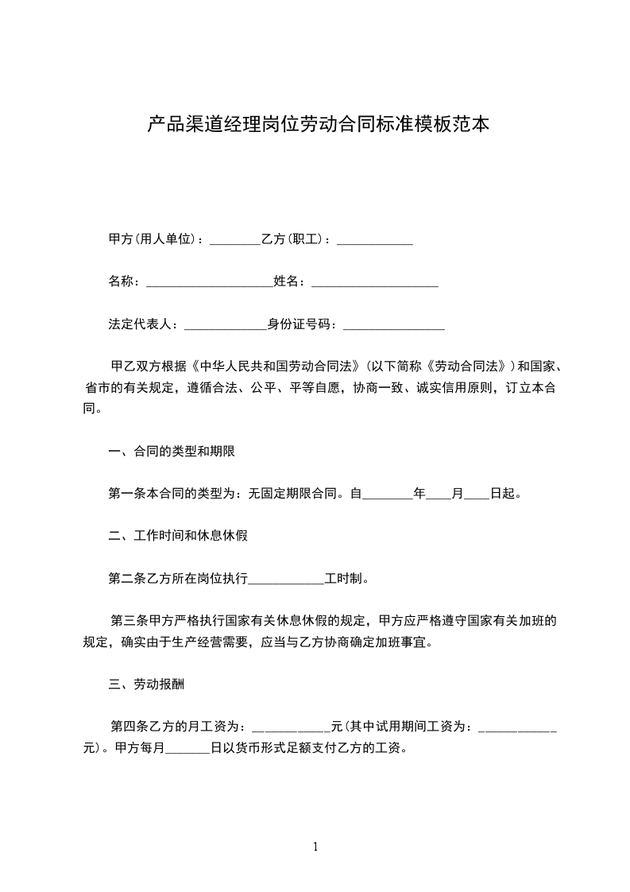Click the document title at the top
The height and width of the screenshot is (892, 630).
[x=319, y=124]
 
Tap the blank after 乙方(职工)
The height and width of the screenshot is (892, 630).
[x=375, y=239]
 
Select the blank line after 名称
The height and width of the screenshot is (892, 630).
[x=210, y=281]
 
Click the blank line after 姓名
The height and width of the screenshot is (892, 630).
[x=375, y=281]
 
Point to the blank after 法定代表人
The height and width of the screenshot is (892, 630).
[x=226, y=324]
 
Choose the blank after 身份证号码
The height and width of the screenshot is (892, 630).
[x=394, y=324]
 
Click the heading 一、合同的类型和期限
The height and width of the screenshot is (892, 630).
[x=172, y=451]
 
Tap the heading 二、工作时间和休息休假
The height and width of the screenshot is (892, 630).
[x=178, y=535]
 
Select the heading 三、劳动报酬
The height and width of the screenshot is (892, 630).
[x=148, y=683]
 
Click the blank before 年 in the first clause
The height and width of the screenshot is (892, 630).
[x=388, y=494]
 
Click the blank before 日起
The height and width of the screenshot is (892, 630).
[x=476, y=494]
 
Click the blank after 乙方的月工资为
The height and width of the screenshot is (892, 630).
[x=291, y=726]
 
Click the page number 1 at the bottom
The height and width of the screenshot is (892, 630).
[x=315, y=846]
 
